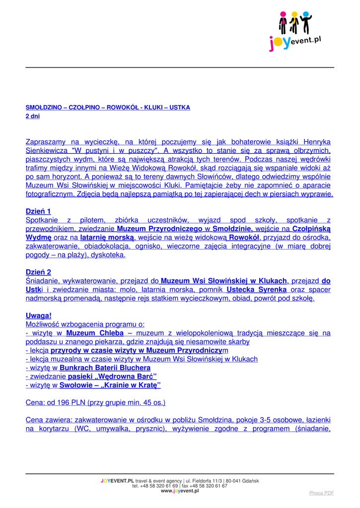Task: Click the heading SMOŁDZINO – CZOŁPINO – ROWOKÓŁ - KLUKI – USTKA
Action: pyautogui.click(x=107, y=107)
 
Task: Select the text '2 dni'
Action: pyautogui.click(x=32, y=116)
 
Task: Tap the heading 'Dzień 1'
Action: pyautogui.click(x=38, y=211)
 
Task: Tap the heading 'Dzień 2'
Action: pyautogui.click(x=38, y=272)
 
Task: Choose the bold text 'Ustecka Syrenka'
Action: pyautogui.click(x=257, y=290)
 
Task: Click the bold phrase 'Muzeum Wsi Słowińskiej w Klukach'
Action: pyautogui.click(x=224, y=281)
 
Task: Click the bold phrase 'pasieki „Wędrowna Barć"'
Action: pyautogui.click(x=112, y=377)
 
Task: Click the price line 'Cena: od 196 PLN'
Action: pyautogui.click(x=95, y=402)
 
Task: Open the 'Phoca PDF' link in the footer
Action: pyautogui.click(x=321, y=493)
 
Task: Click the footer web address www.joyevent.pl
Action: pyautogui.click(x=180, y=491)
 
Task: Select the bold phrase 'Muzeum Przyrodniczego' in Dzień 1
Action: pyautogui.click(x=159, y=229)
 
